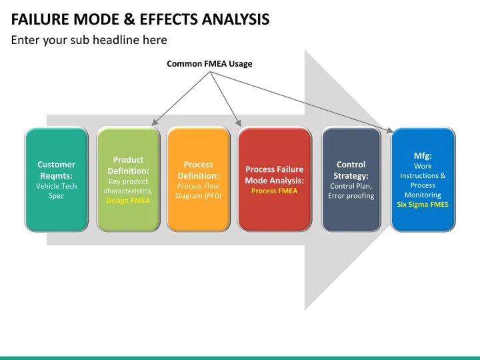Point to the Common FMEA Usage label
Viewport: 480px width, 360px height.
(x=209, y=64)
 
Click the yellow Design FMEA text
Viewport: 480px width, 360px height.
(x=128, y=201)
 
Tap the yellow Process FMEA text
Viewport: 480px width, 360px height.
(x=274, y=191)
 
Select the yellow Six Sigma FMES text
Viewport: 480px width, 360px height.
(x=423, y=205)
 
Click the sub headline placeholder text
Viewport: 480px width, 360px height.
(x=89, y=40)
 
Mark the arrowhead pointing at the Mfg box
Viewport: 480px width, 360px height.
(x=391, y=130)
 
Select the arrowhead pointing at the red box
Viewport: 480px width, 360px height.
(x=239, y=123)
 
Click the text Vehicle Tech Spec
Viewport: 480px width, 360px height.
(x=57, y=191)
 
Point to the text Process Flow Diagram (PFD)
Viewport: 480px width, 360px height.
(x=198, y=191)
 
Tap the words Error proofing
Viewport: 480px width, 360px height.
(x=351, y=196)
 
